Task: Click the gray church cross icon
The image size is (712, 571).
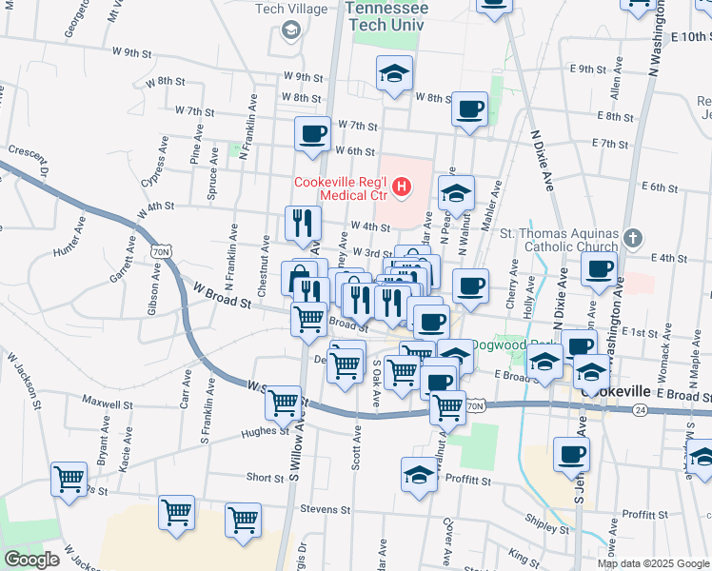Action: pos(635,237)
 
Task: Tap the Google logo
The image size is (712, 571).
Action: pos(31,560)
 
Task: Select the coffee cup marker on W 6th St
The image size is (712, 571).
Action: pos(312,134)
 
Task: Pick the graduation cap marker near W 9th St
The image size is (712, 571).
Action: pos(393,73)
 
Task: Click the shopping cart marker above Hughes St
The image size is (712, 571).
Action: pos(284,404)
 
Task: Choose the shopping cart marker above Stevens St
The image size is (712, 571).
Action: pos(244,521)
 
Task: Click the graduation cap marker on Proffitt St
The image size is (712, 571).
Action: pos(419,475)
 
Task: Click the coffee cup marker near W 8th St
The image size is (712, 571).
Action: pos(468,108)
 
